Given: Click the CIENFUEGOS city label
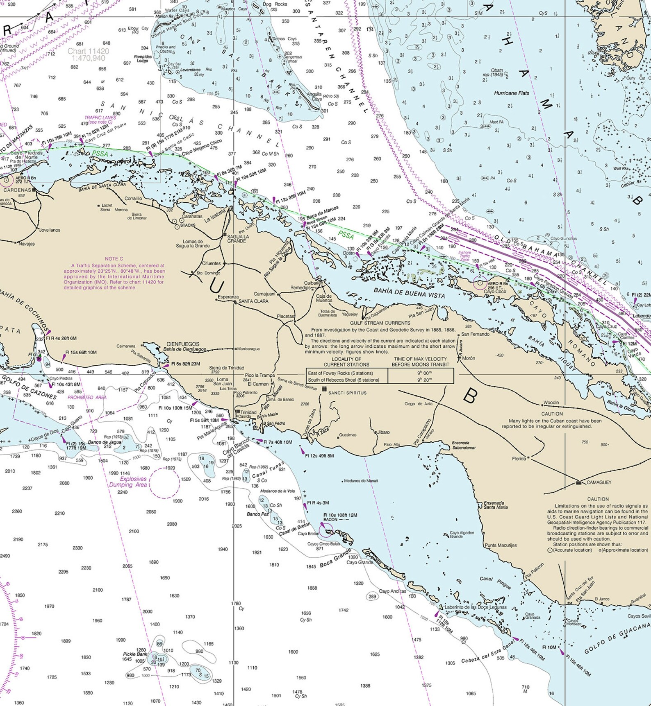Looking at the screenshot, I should pos(182,344).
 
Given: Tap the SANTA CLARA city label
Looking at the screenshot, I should pos(253,301).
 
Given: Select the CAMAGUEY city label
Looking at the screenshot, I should pos(599,482).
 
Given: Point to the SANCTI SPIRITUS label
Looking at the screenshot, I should pos(347,393).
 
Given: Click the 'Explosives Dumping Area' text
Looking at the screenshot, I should pos(128,482).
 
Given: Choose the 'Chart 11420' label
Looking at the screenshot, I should pos(88,52).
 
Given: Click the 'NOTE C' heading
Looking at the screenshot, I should pos(114,259).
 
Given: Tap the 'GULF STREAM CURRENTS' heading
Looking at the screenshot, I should pos(380,323).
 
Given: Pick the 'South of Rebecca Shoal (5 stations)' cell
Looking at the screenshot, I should pos(344,380).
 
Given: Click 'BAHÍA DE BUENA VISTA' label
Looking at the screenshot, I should pos(409,293).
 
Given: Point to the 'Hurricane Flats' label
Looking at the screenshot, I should pos(511,93).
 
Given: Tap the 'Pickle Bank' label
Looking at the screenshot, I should pos(135,654).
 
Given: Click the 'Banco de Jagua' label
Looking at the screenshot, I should pos(105,442).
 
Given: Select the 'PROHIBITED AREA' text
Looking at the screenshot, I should pos(87,397).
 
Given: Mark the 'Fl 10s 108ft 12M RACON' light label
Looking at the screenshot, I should pos(340,517).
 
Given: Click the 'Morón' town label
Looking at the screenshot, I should pos(469,358).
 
